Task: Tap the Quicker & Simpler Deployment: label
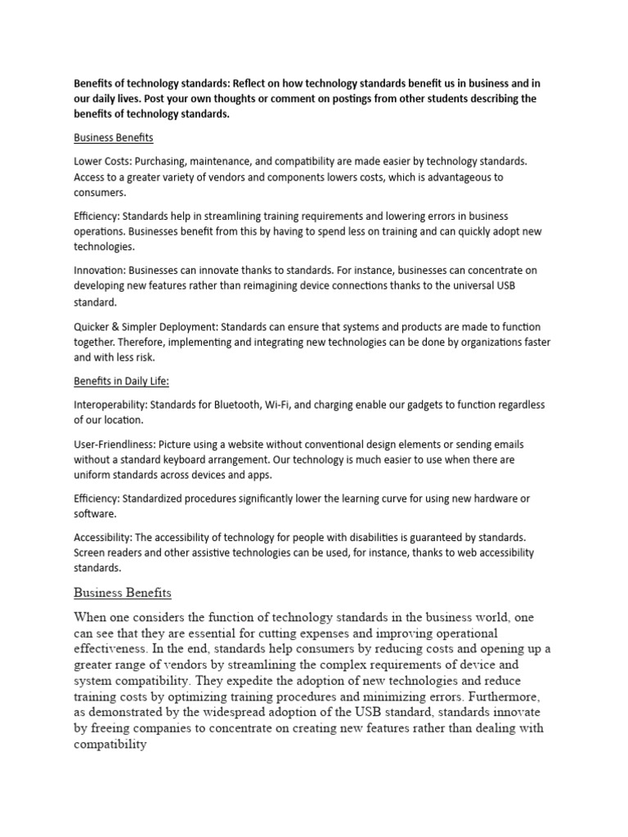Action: [x=146, y=325]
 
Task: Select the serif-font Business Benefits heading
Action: [x=123, y=593]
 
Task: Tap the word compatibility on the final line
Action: [x=110, y=744]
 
